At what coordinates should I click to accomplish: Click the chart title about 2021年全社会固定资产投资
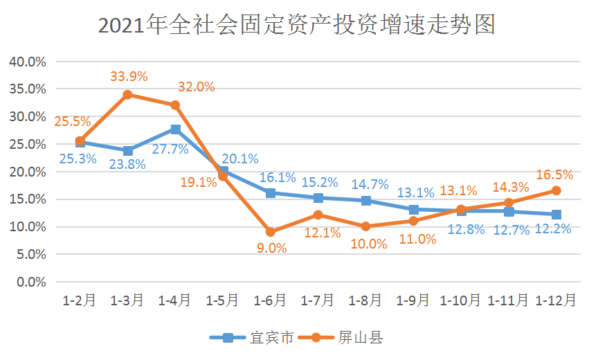coord(298,26)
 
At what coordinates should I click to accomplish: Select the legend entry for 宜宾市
coord(253,338)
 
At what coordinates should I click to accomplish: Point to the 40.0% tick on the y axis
coord(28,62)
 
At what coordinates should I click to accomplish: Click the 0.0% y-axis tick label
coord(30,282)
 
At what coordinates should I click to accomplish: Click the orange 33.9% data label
coord(129,76)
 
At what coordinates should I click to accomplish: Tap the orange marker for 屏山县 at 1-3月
coord(127,94)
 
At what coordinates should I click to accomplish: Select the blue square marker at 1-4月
coord(175,129)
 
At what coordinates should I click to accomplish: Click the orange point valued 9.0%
coord(270,232)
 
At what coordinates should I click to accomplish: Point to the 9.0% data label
coord(271,248)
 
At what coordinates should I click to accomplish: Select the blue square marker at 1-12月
coord(556,215)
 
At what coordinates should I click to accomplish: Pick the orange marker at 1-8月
coord(365,226)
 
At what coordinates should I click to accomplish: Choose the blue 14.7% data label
coord(367,185)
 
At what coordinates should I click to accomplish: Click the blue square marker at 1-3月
coord(127,150)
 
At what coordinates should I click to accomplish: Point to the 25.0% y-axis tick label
coord(28,144)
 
